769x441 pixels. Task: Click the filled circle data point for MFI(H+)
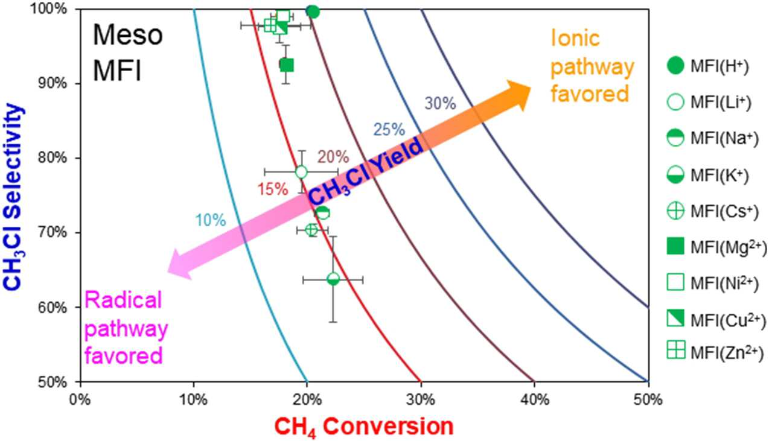(x=313, y=12)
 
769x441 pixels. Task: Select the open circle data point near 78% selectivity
(x=301, y=171)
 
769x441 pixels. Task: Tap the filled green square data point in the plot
(x=287, y=65)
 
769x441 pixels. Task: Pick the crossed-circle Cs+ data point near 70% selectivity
(x=311, y=230)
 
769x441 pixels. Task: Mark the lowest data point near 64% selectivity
(x=333, y=279)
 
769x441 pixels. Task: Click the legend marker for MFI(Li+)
(x=675, y=102)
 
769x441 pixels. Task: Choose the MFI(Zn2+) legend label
(x=728, y=354)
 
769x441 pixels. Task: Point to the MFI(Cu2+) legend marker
(x=675, y=318)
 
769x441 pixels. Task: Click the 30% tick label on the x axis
(x=421, y=400)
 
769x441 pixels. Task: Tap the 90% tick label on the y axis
(x=53, y=83)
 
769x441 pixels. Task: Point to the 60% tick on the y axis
(x=53, y=307)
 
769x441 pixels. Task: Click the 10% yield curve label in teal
(x=211, y=220)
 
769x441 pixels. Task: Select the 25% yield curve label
(x=389, y=130)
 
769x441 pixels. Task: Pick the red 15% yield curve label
(x=273, y=189)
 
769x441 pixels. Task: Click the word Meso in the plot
(x=128, y=36)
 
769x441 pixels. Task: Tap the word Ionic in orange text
(x=575, y=38)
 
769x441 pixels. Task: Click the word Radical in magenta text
(x=123, y=300)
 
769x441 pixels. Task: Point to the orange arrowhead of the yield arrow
(x=518, y=95)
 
